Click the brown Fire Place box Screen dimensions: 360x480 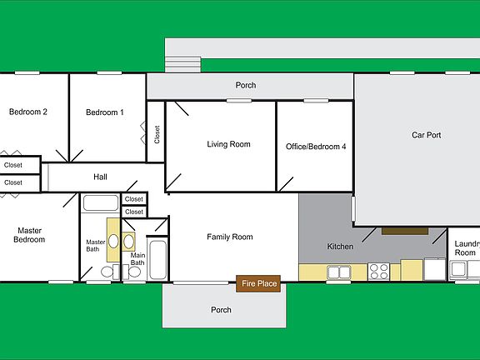point(259,284)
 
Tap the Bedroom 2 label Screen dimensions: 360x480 point(27,112)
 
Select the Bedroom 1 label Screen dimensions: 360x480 point(105,112)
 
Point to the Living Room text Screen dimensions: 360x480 point(228,145)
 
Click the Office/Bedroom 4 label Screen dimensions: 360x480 point(315,147)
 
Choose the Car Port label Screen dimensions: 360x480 point(426,135)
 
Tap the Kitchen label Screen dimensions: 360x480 point(340,247)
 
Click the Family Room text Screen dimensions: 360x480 point(229,237)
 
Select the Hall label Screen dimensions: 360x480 point(100,177)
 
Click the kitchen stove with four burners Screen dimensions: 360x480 point(379,271)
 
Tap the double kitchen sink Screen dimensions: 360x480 point(339,272)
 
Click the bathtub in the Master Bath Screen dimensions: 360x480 point(101,202)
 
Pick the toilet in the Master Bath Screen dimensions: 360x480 point(107,272)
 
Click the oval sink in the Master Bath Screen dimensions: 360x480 point(113,241)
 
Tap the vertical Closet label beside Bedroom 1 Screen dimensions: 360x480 point(157,134)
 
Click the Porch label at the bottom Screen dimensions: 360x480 point(222,310)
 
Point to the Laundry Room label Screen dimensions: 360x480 point(466,248)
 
